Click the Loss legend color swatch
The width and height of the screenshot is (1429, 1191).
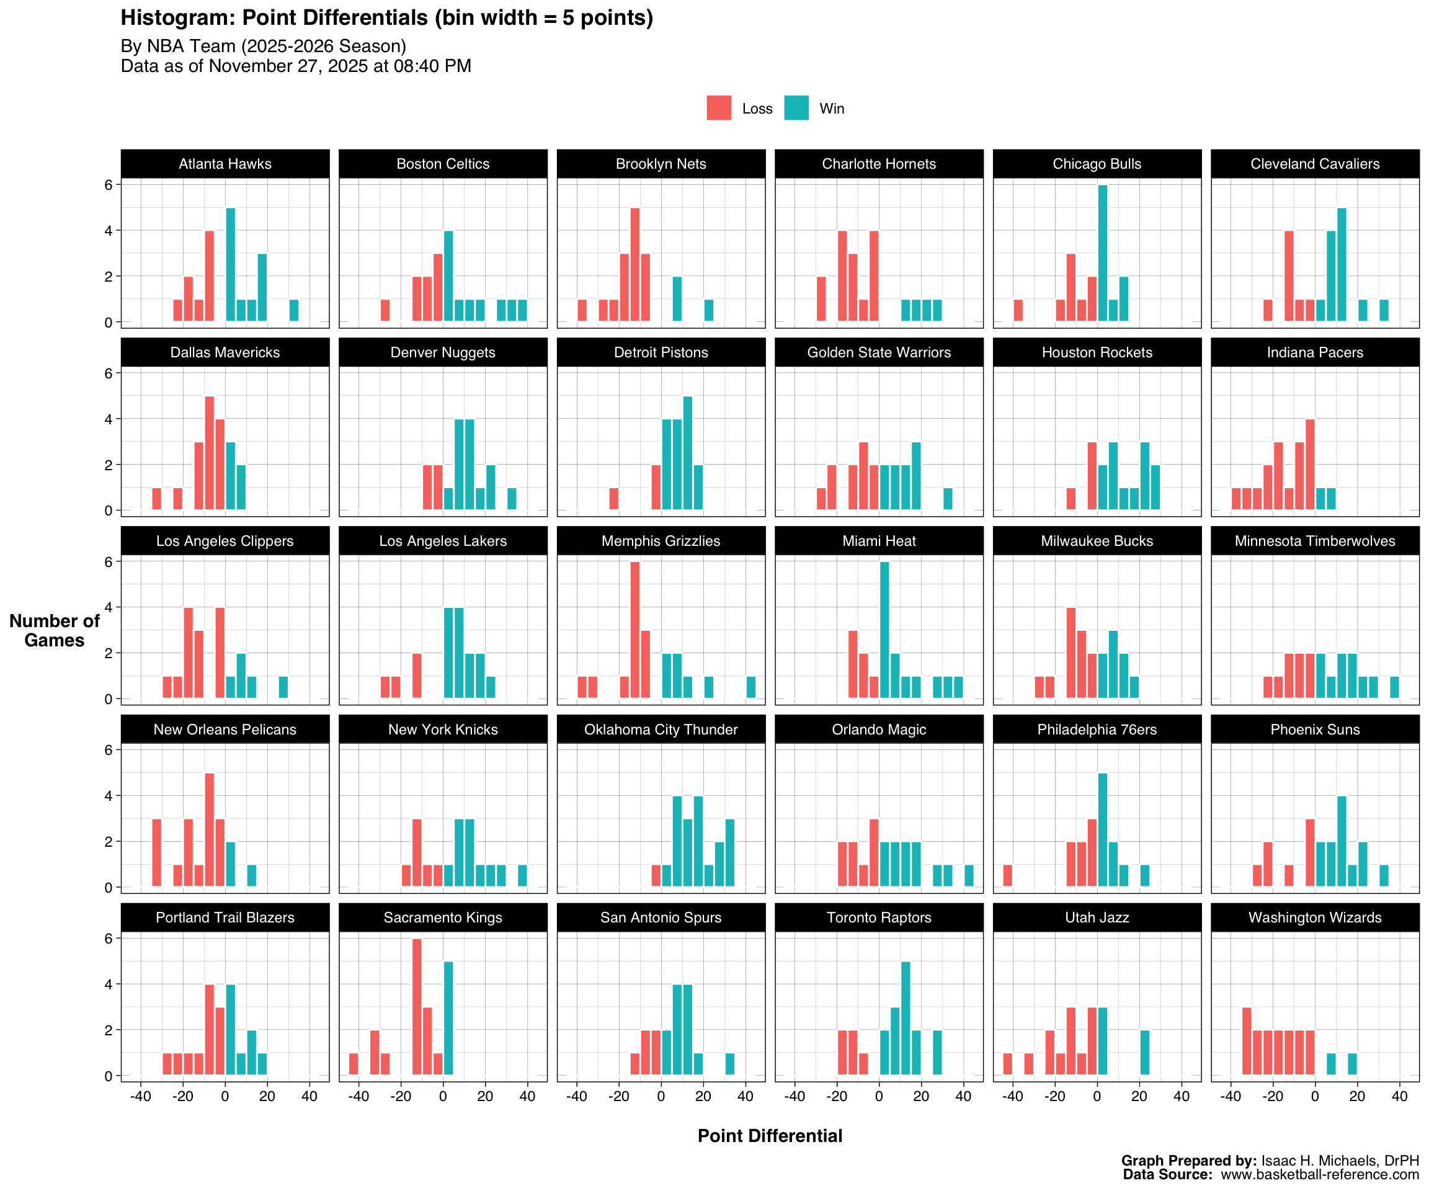click(719, 108)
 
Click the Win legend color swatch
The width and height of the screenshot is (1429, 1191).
click(796, 108)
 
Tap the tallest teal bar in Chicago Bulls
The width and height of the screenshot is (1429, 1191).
click(1102, 253)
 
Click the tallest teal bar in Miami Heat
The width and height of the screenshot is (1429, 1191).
click(884, 630)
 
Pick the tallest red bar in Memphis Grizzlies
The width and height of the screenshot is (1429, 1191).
click(635, 630)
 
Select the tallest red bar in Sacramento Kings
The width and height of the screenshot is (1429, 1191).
click(417, 1007)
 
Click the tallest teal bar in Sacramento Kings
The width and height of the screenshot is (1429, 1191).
click(448, 1018)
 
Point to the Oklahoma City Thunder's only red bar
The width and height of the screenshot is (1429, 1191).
click(656, 875)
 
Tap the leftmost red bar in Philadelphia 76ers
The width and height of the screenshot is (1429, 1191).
click(1008, 875)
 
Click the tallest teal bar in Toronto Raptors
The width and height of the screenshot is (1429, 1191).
click(906, 1018)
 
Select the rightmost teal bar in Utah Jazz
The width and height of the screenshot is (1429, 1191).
click(1144, 1052)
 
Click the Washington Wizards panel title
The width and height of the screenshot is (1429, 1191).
click(1315, 917)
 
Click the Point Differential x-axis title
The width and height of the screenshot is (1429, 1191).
click(770, 1136)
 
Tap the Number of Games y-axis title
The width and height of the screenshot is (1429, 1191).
click(55, 630)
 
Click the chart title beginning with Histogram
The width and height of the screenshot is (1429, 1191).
click(386, 18)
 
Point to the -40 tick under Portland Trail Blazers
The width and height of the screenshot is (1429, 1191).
click(140, 1096)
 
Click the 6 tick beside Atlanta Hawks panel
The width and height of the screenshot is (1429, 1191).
click(108, 184)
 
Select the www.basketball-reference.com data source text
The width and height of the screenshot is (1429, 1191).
click(1319, 1175)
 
